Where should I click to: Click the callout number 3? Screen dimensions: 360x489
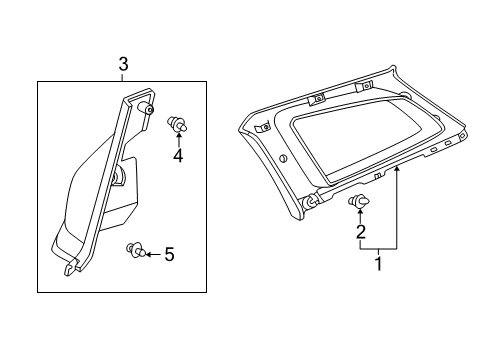click(x=123, y=65)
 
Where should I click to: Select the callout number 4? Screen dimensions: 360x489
click(x=177, y=156)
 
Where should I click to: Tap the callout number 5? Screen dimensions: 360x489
click(x=169, y=255)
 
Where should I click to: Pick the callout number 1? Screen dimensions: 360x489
click(x=378, y=265)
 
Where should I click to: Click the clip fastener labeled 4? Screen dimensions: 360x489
click(x=177, y=125)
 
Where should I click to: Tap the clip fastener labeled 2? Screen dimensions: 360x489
click(x=359, y=204)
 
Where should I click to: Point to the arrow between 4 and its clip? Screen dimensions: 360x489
click(x=177, y=141)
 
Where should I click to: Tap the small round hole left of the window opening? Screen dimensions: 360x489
click(x=286, y=160)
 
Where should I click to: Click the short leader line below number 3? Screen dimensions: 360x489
click(x=123, y=78)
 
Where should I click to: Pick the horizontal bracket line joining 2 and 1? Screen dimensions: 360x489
click(x=378, y=247)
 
